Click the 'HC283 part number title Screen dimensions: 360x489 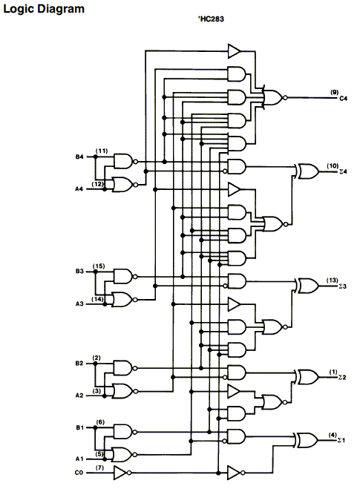(211, 19)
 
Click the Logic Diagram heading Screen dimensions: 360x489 (44, 9)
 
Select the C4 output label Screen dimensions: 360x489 (343, 99)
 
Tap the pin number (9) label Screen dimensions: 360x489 (335, 92)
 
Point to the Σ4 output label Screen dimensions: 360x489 (343, 171)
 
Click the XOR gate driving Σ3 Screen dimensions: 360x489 (307, 286)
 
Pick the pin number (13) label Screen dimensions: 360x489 (333, 280)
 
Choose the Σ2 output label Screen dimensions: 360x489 (342, 378)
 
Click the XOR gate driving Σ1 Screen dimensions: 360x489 (307, 440)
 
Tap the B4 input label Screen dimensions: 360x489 (79, 157)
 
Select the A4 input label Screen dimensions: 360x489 (79, 189)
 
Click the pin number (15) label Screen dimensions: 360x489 (99, 266)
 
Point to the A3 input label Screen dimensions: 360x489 (79, 303)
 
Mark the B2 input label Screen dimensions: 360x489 (79, 364)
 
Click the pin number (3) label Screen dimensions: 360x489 (96, 390)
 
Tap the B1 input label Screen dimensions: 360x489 (80, 427)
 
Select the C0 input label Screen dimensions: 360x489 (79, 473)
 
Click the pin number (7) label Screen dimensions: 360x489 (99, 467)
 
